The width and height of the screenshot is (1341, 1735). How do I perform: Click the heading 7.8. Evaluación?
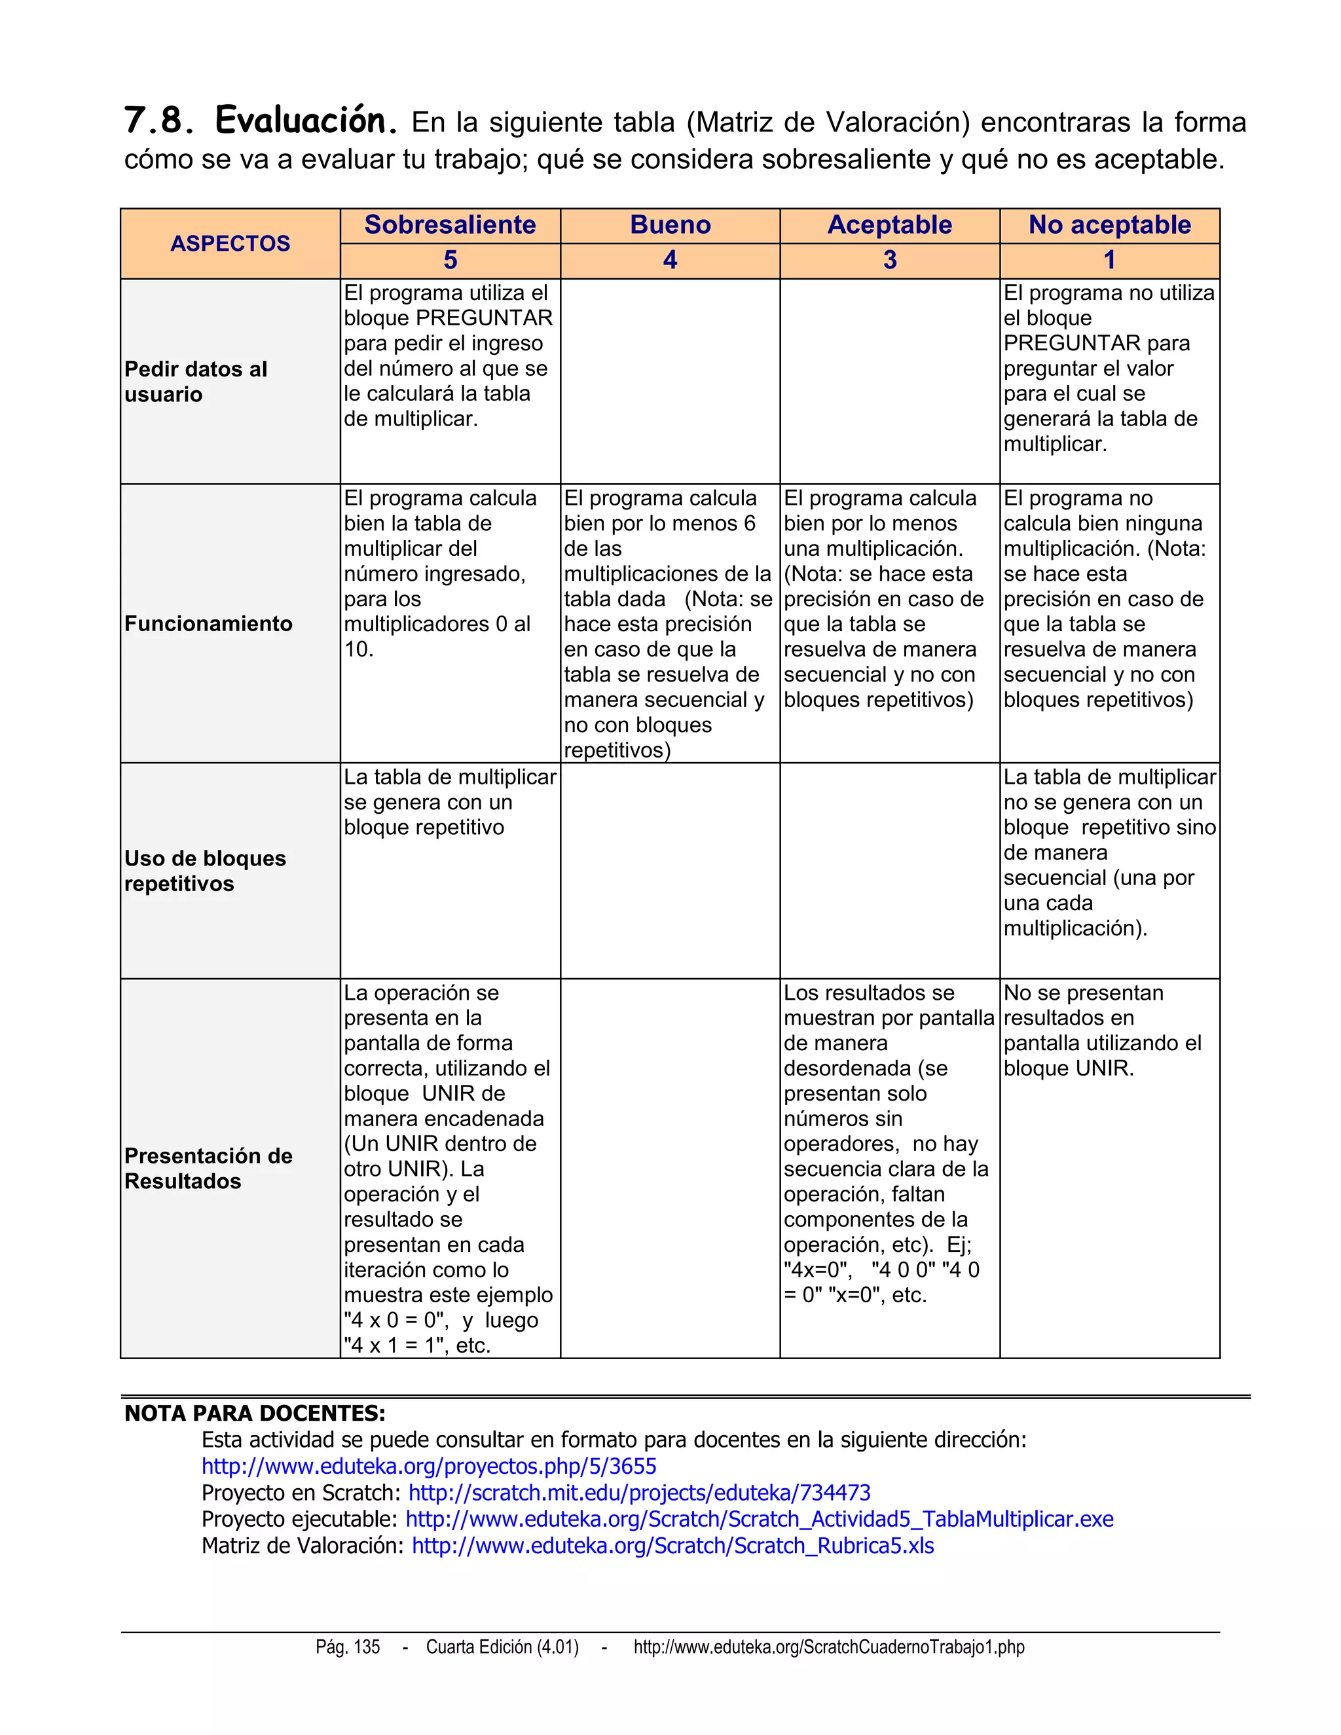tap(261, 120)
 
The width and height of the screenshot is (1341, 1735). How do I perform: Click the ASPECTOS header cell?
tap(230, 243)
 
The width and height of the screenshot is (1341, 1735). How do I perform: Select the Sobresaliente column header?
tap(450, 225)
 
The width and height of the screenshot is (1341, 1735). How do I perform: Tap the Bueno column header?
tap(670, 225)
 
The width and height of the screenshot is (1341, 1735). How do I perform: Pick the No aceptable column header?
tap(1109, 225)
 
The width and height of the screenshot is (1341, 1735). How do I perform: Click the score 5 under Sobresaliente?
tap(450, 260)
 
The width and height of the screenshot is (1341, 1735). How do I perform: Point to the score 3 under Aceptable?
tap(890, 260)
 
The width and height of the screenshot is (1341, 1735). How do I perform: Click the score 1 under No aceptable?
tap(1109, 260)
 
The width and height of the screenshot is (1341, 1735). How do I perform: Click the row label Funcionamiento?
tap(208, 623)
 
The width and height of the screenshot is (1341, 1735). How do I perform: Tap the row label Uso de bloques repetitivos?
tap(204, 871)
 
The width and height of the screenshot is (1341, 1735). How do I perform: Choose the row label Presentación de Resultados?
tap(208, 1168)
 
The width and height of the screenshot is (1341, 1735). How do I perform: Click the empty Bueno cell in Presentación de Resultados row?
tap(670, 1168)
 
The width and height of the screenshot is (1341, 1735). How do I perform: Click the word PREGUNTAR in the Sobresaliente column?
tap(484, 318)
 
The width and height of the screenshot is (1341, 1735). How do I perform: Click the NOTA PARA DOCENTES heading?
tap(254, 1414)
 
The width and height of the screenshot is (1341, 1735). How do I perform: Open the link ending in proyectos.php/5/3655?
tap(429, 1467)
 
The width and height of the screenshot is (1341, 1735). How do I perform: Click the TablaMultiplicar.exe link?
tap(759, 1519)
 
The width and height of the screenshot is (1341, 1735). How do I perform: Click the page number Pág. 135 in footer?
tap(347, 1647)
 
